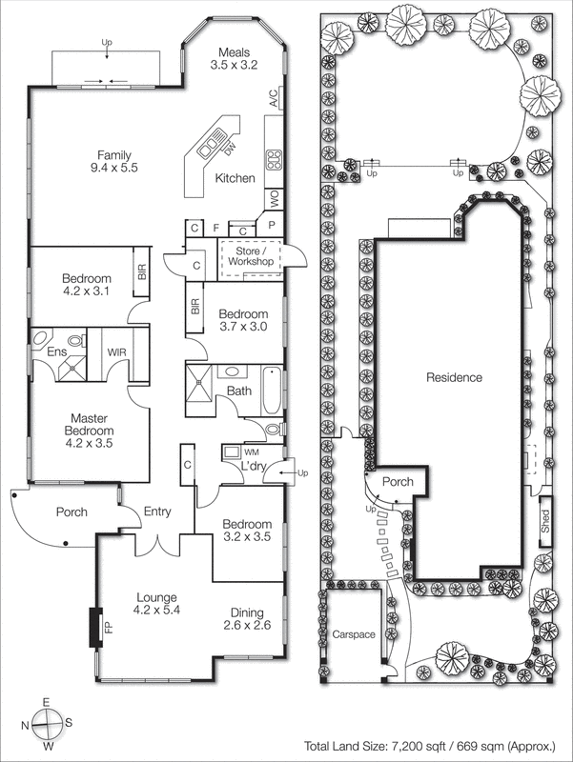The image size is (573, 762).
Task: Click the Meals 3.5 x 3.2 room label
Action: [x=234, y=59]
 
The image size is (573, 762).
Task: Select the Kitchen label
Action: [x=235, y=178]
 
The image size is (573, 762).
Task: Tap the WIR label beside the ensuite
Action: [x=116, y=352]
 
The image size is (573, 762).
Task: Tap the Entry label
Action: [x=157, y=512]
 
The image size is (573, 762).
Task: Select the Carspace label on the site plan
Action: [x=354, y=633]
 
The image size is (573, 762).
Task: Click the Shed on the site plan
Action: [x=545, y=520]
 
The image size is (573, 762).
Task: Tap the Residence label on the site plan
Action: [x=454, y=377]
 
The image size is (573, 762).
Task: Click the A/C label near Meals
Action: [x=273, y=97]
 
